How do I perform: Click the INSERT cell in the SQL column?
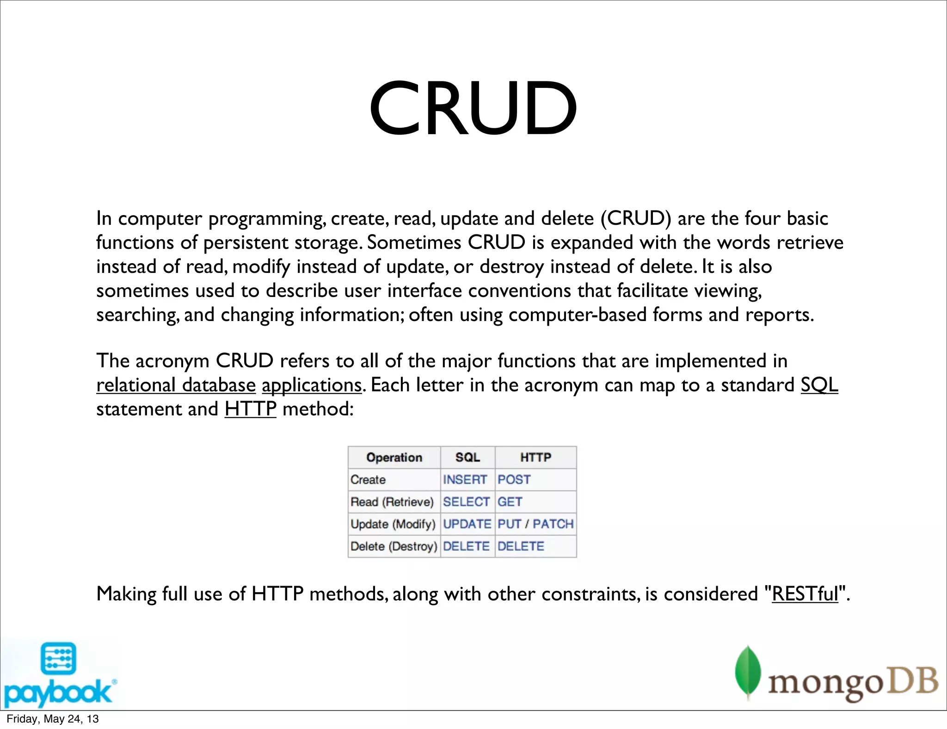tap(465, 479)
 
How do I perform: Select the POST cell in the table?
tap(514, 479)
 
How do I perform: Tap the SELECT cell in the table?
tap(466, 501)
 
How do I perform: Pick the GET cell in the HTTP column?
tap(510, 501)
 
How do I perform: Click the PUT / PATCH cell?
tap(535, 524)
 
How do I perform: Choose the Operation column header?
tap(394, 457)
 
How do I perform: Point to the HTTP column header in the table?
tap(535, 457)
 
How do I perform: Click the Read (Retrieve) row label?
tap(392, 501)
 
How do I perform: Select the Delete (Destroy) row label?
tap(394, 546)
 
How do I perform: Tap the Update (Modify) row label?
tap(393, 524)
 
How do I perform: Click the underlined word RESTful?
tap(805, 593)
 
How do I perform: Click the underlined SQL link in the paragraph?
tap(819, 384)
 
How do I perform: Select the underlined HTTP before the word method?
tap(250, 409)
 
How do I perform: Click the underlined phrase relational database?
tap(176, 385)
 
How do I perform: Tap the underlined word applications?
tap(311, 385)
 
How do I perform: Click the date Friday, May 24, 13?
tap(52, 718)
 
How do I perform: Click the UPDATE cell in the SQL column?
tap(467, 524)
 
